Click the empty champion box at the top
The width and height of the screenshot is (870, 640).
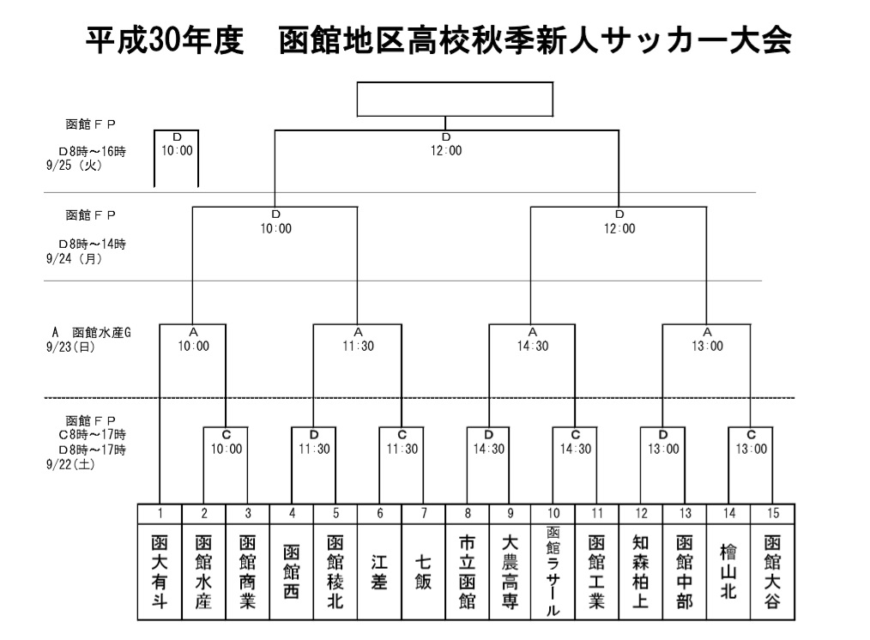tap(455, 100)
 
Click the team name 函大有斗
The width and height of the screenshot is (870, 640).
tap(160, 571)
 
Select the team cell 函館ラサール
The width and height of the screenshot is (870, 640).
tap(553, 571)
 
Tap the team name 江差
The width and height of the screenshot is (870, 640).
tap(379, 571)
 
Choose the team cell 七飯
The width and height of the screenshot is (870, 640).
tap(423, 571)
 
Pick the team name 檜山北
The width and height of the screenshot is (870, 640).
tap(728, 571)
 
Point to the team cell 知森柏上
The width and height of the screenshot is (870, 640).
tap(641, 571)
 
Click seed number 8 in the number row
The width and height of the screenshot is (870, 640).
tap(468, 514)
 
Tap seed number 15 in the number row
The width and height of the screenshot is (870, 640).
tap(773, 514)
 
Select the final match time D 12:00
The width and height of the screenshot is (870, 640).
tap(446, 145)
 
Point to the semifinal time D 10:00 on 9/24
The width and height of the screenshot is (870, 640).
tap(276, 222)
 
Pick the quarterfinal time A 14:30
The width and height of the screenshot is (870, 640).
tap(533, 340)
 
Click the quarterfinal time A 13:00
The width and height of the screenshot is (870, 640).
tap(708, 340)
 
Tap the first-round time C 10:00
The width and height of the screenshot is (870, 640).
tap(227, 443)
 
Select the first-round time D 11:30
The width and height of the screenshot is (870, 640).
tap(314, 443)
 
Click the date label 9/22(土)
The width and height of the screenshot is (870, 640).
tap(70, 464)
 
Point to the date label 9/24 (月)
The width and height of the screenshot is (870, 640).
tap(75, 258)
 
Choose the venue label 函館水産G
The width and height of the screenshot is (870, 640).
tap(101, 333)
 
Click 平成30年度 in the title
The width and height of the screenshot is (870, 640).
tap(165, 40)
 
